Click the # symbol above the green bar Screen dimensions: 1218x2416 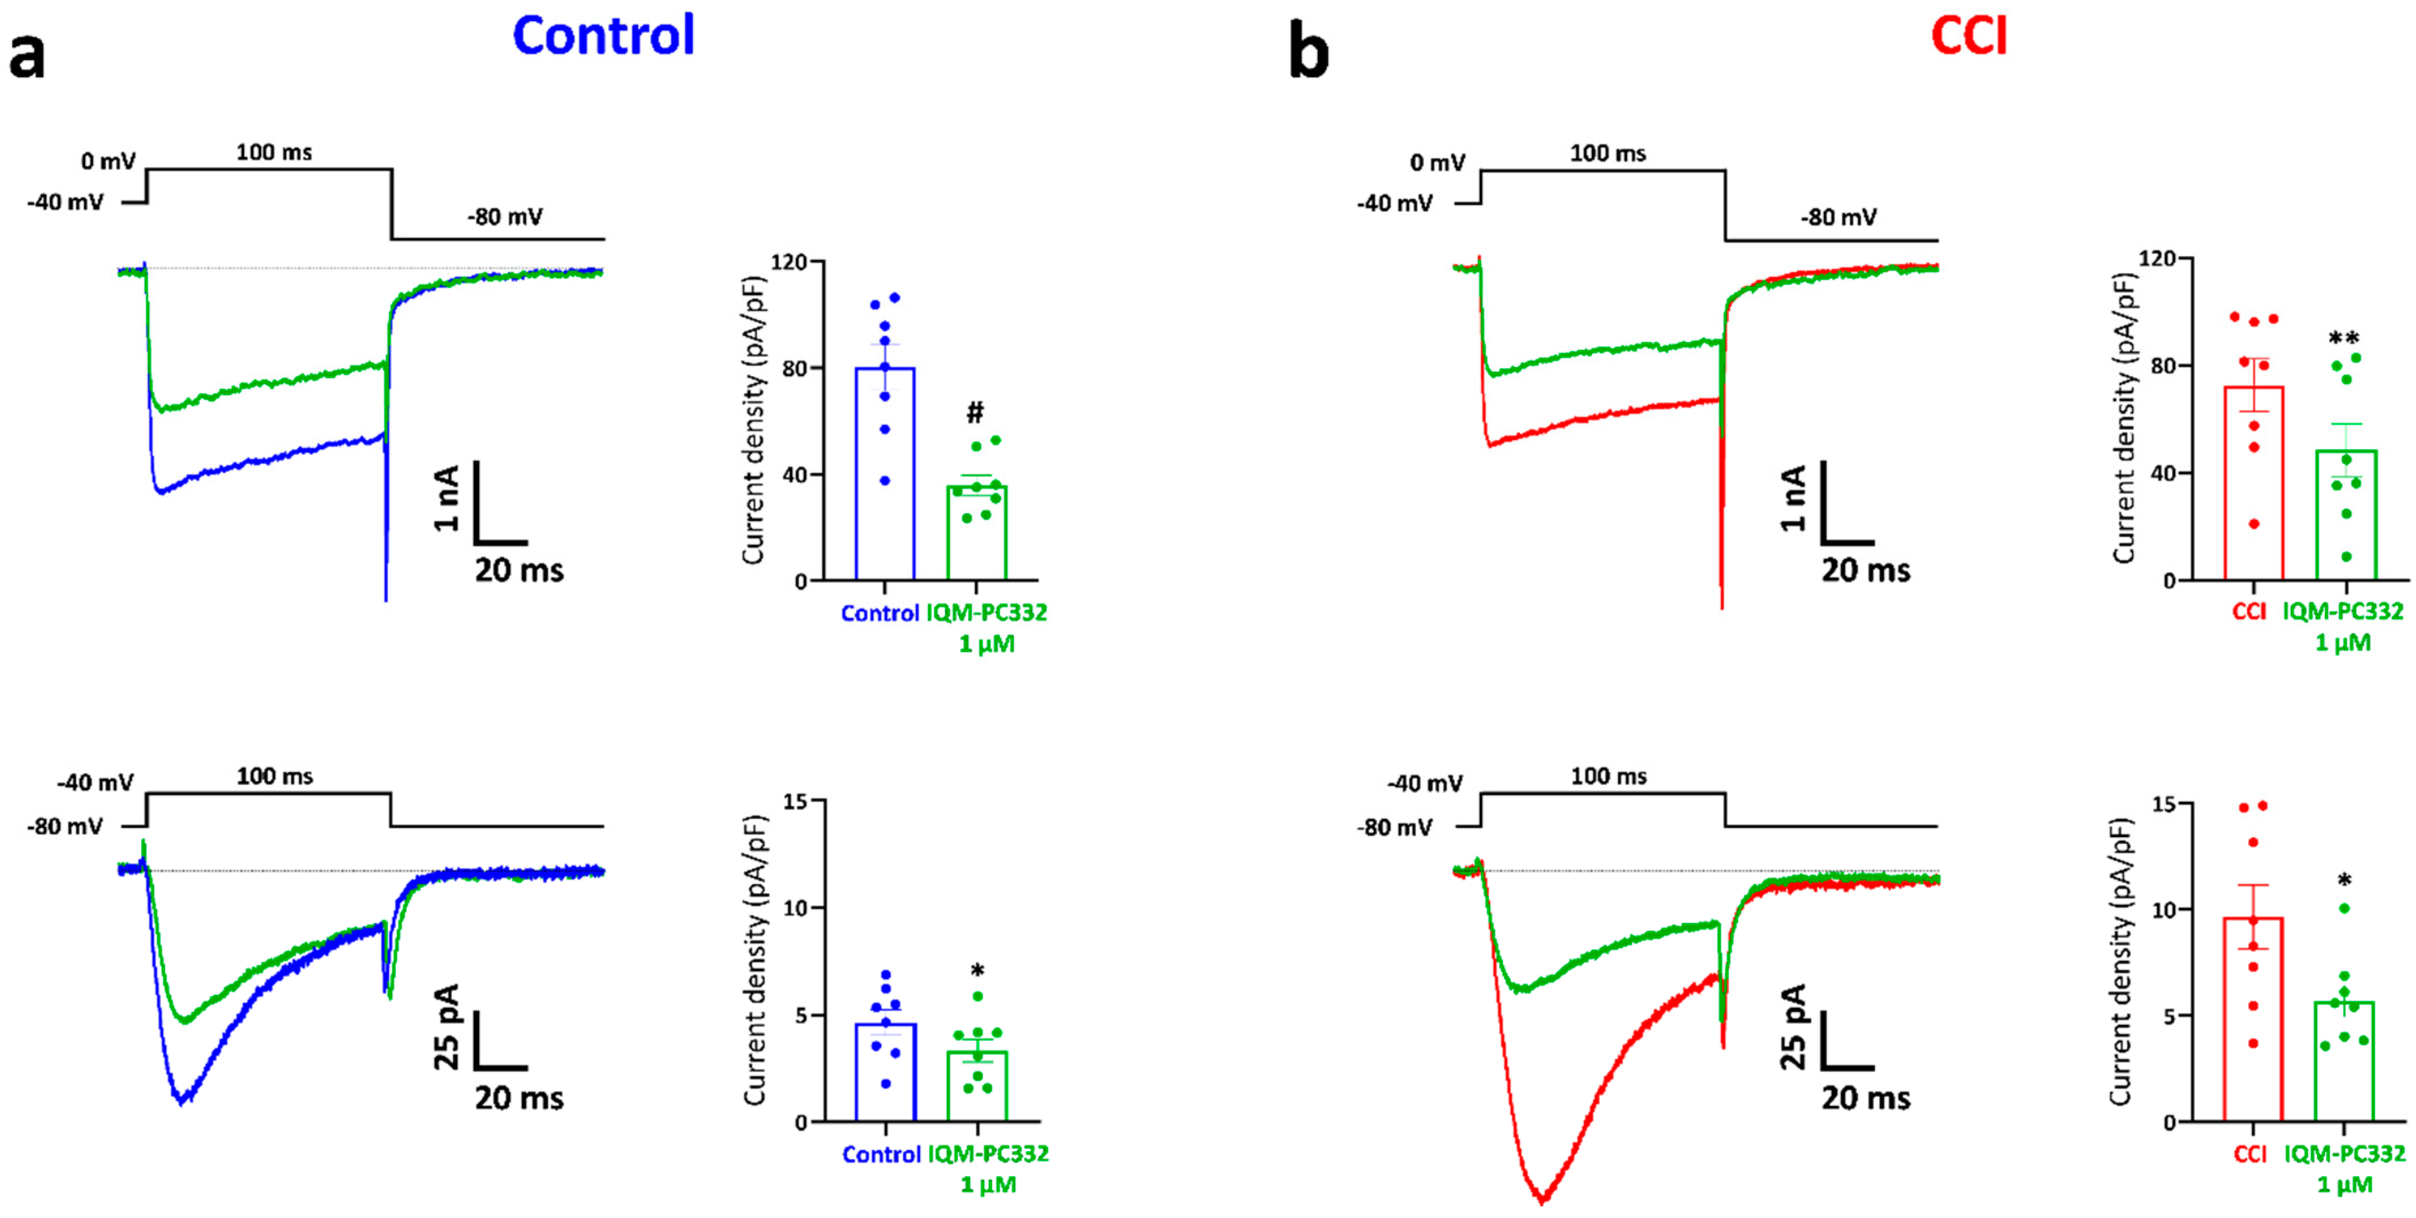click(x=975, y=412)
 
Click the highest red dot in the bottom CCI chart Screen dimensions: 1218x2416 click(x=2262, y=806)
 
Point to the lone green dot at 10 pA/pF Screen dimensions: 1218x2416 click(x=2344, y=907)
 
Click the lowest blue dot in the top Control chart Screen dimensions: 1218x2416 click(x=885, y=481)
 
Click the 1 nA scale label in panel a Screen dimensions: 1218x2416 click(x=447, y=498)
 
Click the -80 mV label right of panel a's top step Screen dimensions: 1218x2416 click(x=505, y=218)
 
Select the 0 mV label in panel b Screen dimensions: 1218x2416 click(x=1437, y=163)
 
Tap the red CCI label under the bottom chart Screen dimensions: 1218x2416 click(x=2250, y=1153)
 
